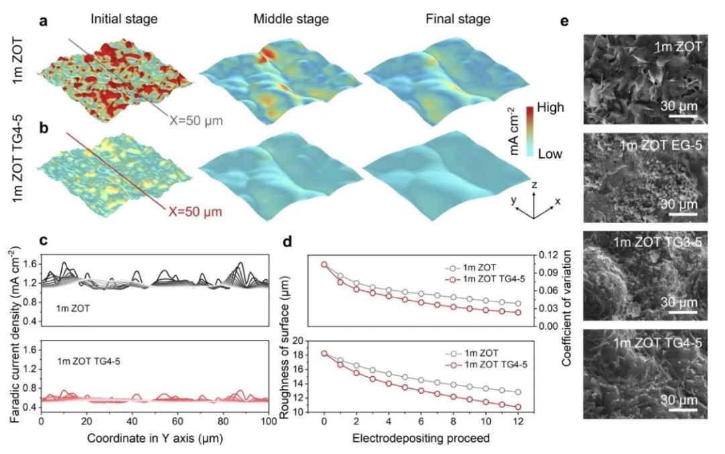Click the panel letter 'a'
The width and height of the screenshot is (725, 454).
click(x=43, y=21)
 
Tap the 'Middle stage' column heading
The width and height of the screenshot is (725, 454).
click(x=291, y=19)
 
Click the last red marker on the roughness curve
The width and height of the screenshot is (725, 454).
click(x=518, y=407)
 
